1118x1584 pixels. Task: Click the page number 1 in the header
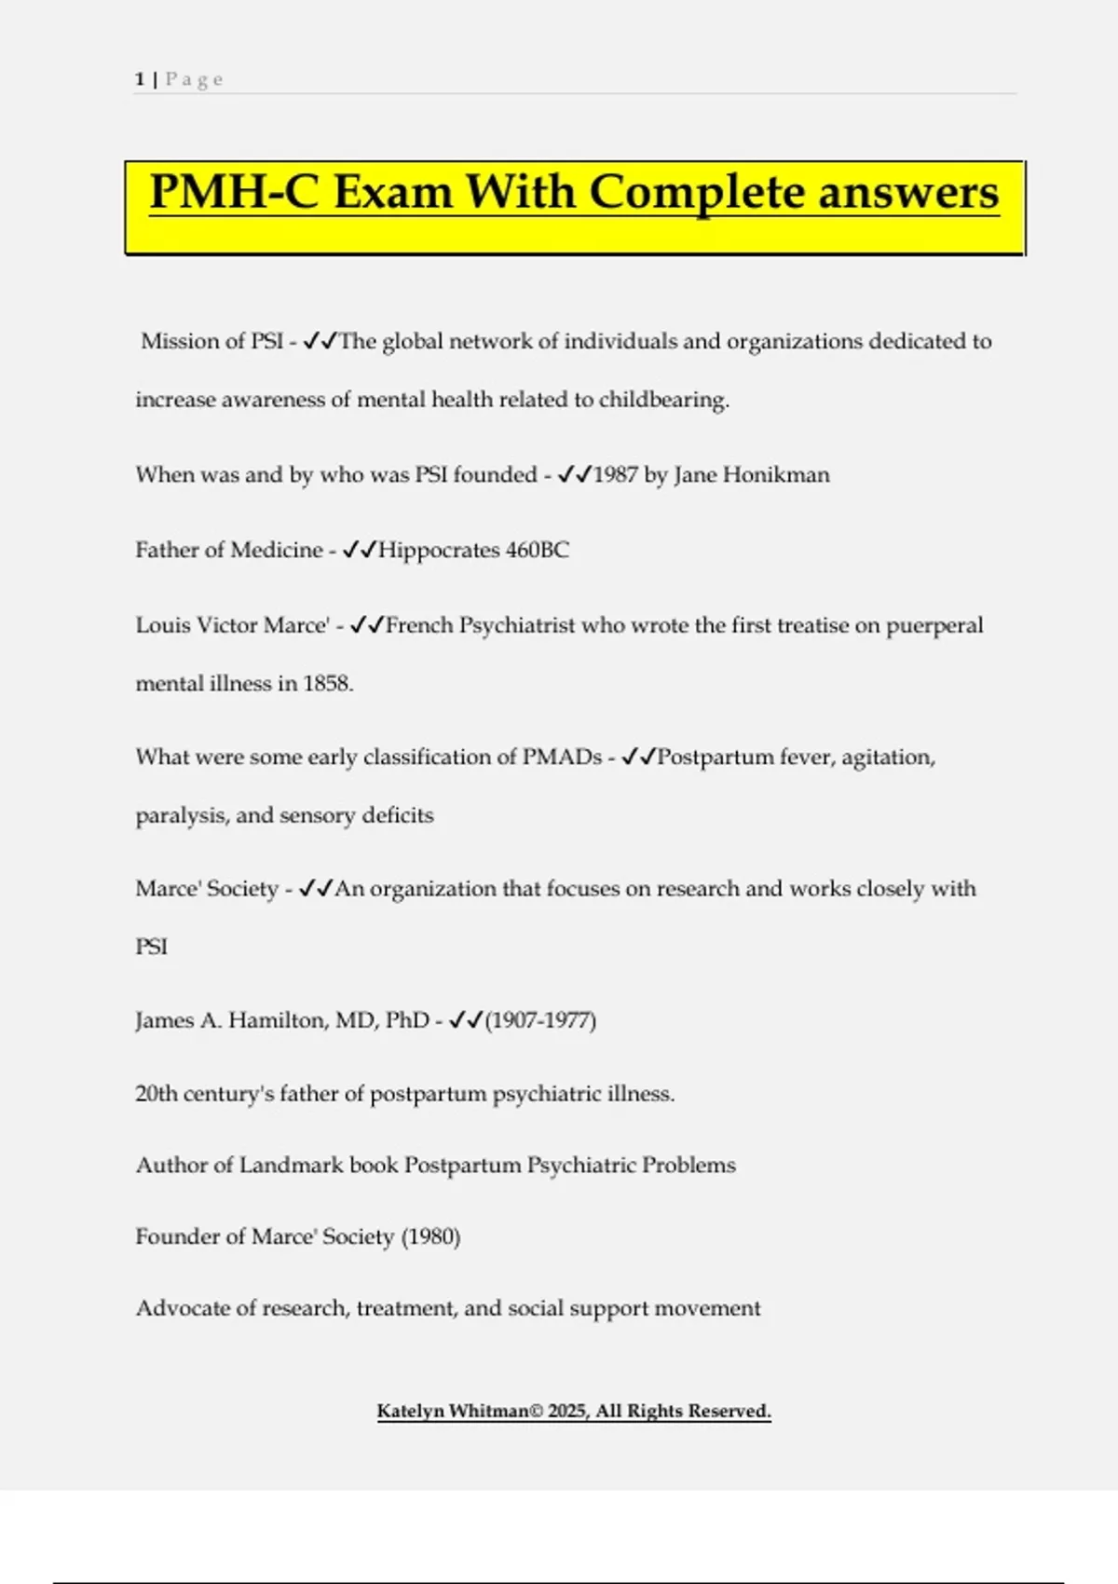pyautogui.click(x=139, y=79)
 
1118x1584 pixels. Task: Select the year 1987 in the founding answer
pyautogui.click(x=615, y=475)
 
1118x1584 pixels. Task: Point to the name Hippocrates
pyautogui.click(x=438, y=551)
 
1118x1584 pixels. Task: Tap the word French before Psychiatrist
pyautogui.click(x=419, y=625)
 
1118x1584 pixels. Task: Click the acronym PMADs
pyautogui.click(x=562, y=758)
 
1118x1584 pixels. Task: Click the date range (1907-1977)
pyautogui.click(x=540, y=1020)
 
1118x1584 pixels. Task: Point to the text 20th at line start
pyautogui.click(x=156, y=1094)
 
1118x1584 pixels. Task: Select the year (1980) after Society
pyautogui.click(x=430, y=1237)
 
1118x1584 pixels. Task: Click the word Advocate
pyautogui.click(x=183, y=1308)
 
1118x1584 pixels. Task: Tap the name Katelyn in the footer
pyautogui.click(x=410, y=1412)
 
